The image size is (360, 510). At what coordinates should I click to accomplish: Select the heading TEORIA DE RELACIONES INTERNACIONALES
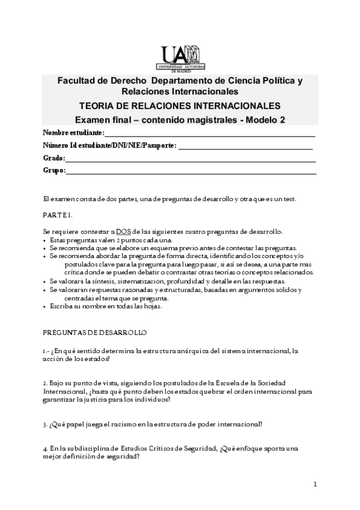click(x=180, y=105)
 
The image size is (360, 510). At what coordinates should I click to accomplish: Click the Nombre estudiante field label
click(x=73, y=133)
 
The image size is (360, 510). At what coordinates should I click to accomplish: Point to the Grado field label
click(x=53, y=158)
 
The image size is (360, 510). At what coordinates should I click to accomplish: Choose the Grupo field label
click(x=54, y=171)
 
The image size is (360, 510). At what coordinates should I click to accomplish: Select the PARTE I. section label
click(x=58, y=215)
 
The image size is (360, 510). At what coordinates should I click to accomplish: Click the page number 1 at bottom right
click(x=315, y=484)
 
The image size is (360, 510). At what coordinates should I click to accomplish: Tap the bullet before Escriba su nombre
click(x=45, y=306)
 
